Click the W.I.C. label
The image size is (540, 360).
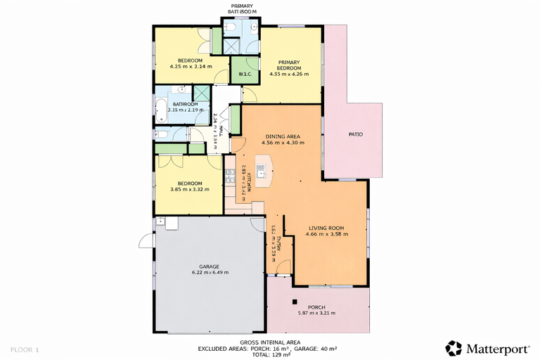245,74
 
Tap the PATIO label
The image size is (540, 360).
356,134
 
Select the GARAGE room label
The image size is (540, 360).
210,266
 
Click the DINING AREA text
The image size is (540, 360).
283,136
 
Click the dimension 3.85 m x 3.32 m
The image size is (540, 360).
190,189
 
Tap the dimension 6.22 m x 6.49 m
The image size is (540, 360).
210,273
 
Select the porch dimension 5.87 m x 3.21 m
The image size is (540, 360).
316,313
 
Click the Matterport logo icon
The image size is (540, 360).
454,348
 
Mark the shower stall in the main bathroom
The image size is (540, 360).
202,94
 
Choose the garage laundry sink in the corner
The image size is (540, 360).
162,221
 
